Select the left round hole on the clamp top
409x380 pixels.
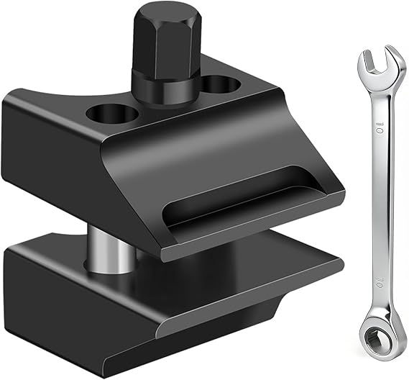(112, 114)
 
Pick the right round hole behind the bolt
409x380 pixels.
(221, 83)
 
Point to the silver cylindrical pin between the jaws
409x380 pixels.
(109, 250)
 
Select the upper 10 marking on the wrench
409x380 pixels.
(380, 128)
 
